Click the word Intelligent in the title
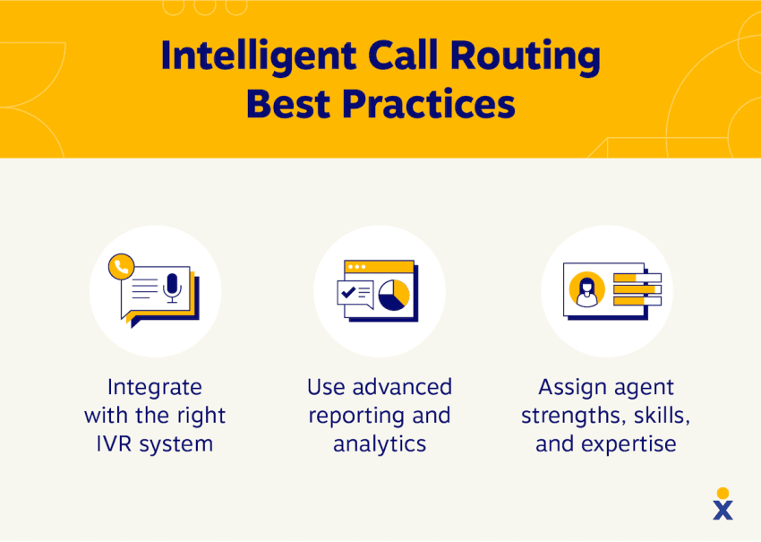259,56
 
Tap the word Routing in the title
526,56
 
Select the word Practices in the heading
429,105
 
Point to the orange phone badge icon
121,267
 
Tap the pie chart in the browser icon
394,295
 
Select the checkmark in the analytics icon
348,292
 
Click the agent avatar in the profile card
586,289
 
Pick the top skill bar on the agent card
637,278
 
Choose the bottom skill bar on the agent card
637,301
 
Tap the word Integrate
155,388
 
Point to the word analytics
380,444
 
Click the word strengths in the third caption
569,416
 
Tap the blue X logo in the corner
723,510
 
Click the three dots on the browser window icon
356,267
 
